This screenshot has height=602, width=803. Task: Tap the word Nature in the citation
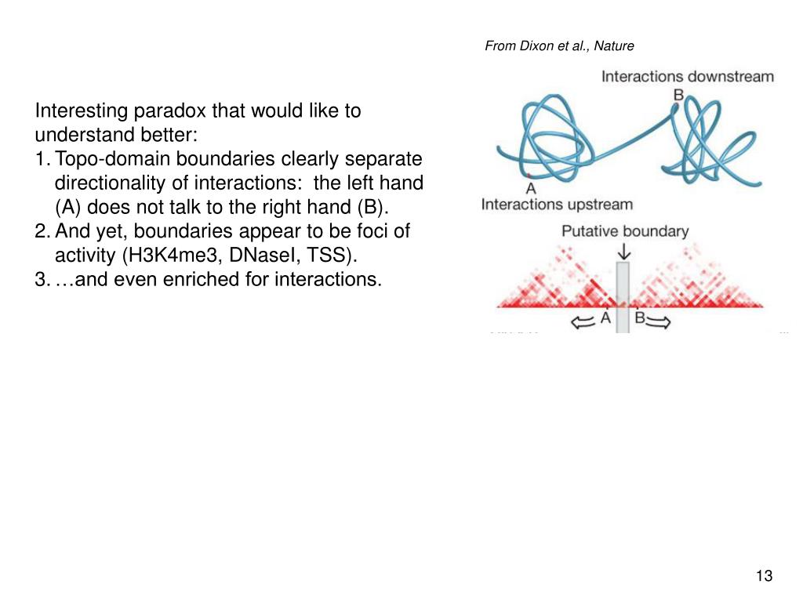[614, 45]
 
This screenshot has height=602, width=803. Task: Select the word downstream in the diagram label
[732, 77]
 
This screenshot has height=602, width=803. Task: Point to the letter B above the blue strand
[678, 95]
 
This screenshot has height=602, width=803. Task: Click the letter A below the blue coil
[531, 188]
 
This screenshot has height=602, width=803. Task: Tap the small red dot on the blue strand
[530, 174]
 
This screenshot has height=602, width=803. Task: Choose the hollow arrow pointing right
[660, 320]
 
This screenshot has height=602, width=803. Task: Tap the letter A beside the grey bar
[605, 318]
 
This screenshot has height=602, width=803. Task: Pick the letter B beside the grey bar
[639, 318]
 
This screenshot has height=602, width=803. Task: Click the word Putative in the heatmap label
[589, 231]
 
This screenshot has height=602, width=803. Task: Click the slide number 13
[764, 576]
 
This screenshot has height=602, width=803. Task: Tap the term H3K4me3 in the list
[166, 256]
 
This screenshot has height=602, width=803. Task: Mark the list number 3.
[41, 280]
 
